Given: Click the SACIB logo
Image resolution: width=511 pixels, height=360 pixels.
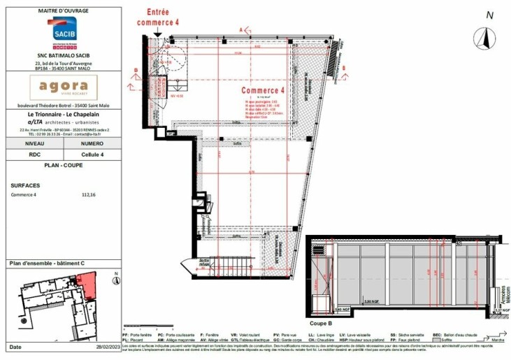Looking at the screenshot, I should (x=62, y=32).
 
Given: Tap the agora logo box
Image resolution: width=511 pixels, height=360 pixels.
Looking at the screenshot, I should (x=62, y=87).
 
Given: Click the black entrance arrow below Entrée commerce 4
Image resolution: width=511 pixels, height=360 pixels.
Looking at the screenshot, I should (x=158, y=34).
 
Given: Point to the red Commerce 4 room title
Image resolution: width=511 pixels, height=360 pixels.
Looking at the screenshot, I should (x=263, y=91).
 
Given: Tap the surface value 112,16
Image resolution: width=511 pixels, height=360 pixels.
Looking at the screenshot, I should (x=88, y=195).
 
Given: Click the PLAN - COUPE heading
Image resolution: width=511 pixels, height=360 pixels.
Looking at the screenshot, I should (x=62, y=166).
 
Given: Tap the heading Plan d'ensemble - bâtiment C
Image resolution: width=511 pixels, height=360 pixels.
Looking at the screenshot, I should (x=47, y=264).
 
